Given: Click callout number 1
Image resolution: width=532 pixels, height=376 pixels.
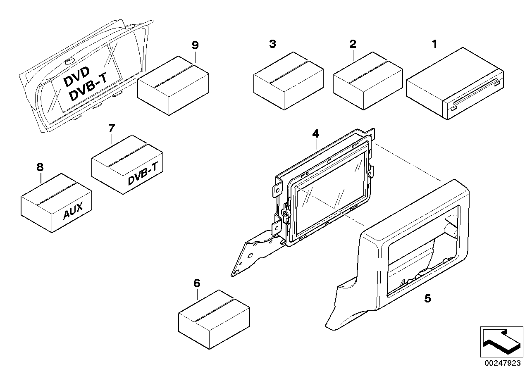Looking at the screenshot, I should [434, 44].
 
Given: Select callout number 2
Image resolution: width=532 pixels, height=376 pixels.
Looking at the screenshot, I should [352, 44].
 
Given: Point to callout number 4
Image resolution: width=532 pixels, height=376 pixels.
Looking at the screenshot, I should [315, 133].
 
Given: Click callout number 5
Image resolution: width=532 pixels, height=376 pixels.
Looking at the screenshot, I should [427, 298].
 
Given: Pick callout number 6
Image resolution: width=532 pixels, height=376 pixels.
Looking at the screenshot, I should [197, 283].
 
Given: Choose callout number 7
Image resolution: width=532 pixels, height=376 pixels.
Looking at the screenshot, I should [111, 129].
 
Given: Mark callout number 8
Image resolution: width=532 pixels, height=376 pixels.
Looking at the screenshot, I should [40, 167].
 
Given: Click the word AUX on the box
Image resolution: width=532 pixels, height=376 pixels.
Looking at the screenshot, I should [73, 213].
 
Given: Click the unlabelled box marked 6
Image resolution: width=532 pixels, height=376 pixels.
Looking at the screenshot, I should [213, 321].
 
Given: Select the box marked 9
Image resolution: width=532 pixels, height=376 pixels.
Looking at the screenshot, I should [173, 85].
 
